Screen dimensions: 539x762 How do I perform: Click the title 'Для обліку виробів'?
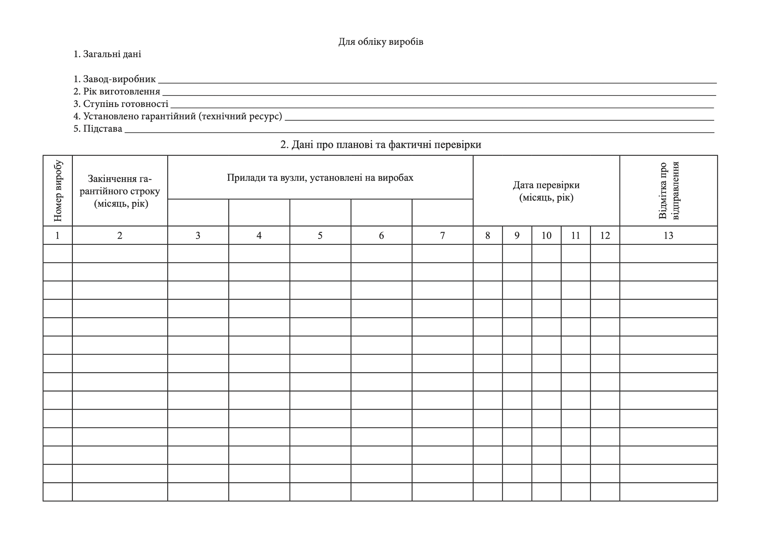[x=381, y=42]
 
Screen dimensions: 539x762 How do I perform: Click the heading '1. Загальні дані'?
[x=107, y=54]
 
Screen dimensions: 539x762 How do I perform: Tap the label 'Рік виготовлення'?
[x=122, y=91]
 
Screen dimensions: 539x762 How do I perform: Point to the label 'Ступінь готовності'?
[x=126, y=104]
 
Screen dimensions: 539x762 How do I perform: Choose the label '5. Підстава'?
[x=98, y=129]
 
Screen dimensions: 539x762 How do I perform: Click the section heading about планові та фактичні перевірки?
[x=381, y=145]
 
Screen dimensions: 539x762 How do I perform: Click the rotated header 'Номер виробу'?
[x=58, y=191]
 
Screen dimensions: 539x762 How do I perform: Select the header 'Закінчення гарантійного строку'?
[x=120, y=191]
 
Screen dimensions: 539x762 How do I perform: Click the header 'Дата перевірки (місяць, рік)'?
[x=546, y=191]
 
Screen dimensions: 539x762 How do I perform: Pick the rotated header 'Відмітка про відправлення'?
[x=668, y=191]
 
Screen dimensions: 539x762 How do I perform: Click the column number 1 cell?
[x=58, y=236]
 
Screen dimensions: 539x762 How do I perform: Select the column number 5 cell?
[x=320, y=236]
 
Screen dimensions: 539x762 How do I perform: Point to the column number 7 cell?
[x=442, y=236]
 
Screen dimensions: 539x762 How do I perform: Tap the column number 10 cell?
[x=546, y=236]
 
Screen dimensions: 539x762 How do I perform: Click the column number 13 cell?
[x=668, y=236]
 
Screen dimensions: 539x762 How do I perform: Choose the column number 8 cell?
[x=488, y=236]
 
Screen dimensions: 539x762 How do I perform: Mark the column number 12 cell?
[x=605, y=236]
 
